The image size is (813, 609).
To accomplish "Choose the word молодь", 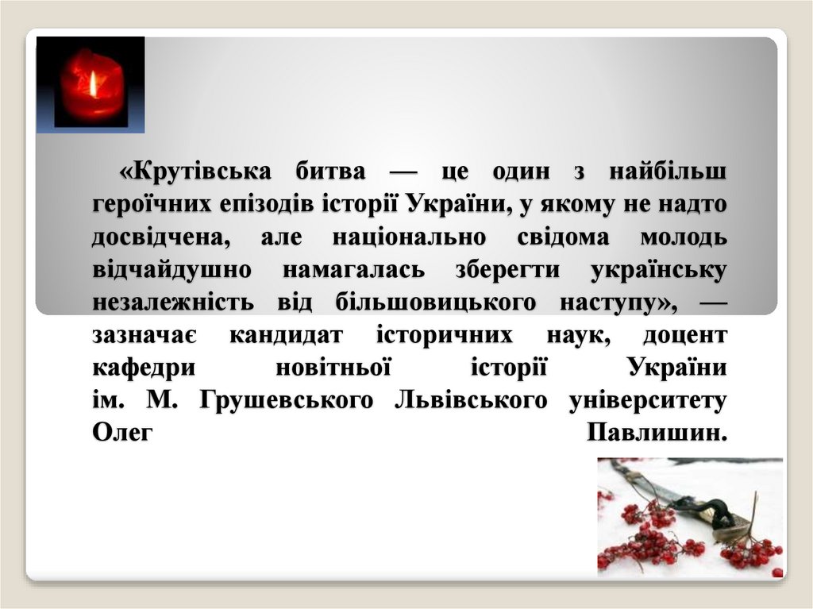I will coord(684,237).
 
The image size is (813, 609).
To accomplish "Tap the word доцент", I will coord(684,336).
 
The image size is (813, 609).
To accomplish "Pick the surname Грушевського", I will coord(286,402).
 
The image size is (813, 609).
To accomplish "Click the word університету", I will coord(648,402).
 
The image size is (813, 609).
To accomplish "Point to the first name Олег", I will coord(121,434).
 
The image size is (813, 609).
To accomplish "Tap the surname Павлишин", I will coord(657,434).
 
